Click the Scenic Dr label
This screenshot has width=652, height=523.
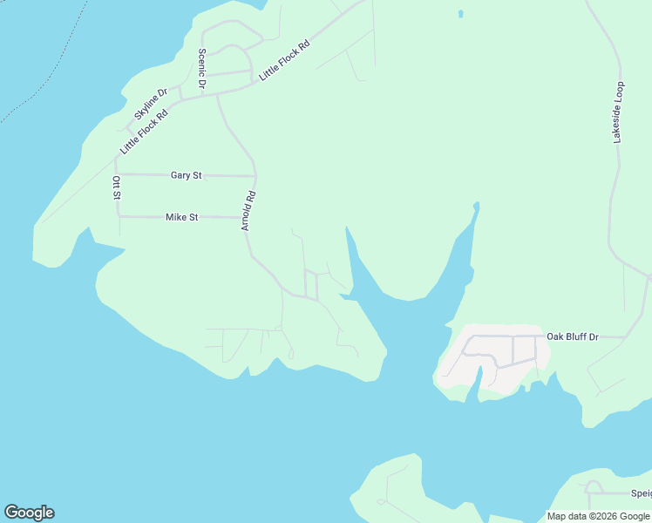(x=201, y=68)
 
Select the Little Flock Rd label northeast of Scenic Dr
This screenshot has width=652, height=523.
(x=284, y=61)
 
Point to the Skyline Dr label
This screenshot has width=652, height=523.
(x=150, y=104)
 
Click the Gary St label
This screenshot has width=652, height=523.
(x=186, y=175)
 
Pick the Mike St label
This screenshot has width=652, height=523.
(x=182, y=217)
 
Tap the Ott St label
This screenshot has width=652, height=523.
(x=116, y=188)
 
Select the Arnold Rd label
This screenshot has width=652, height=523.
(x=248, y=211)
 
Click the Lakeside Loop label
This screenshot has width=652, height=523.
(x=618, y=112)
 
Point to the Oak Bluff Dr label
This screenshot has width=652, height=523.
(x=573, y=336)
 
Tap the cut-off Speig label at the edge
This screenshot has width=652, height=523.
(x=641, y=493)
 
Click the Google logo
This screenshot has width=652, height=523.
(x=29, y=513)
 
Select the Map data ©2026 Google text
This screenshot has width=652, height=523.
(x=599, y=516)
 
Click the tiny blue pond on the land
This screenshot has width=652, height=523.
(x=460, y=14)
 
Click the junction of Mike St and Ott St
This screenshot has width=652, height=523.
(x=119, y=216)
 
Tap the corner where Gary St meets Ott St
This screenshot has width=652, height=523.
(x=118, y=174)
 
